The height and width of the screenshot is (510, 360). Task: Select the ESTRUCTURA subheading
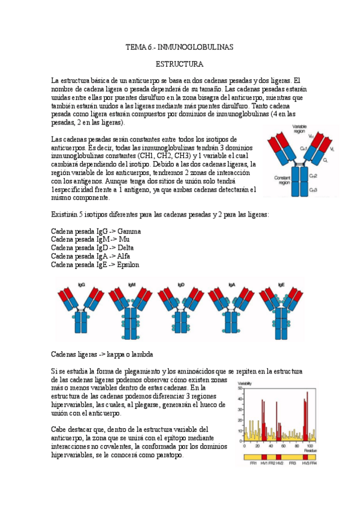coord(179,63)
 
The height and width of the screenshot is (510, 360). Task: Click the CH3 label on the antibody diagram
coord(313,189)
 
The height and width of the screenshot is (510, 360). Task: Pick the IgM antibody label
coord(132,284)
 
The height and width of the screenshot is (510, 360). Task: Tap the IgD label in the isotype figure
coord(181,284)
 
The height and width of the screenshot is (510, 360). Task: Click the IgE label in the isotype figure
coord(281,284)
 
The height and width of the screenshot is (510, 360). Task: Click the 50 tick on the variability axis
coord(240,389)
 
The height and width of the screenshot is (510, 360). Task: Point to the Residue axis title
coord(311,450)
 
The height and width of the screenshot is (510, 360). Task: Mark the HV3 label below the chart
coord(305,464)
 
